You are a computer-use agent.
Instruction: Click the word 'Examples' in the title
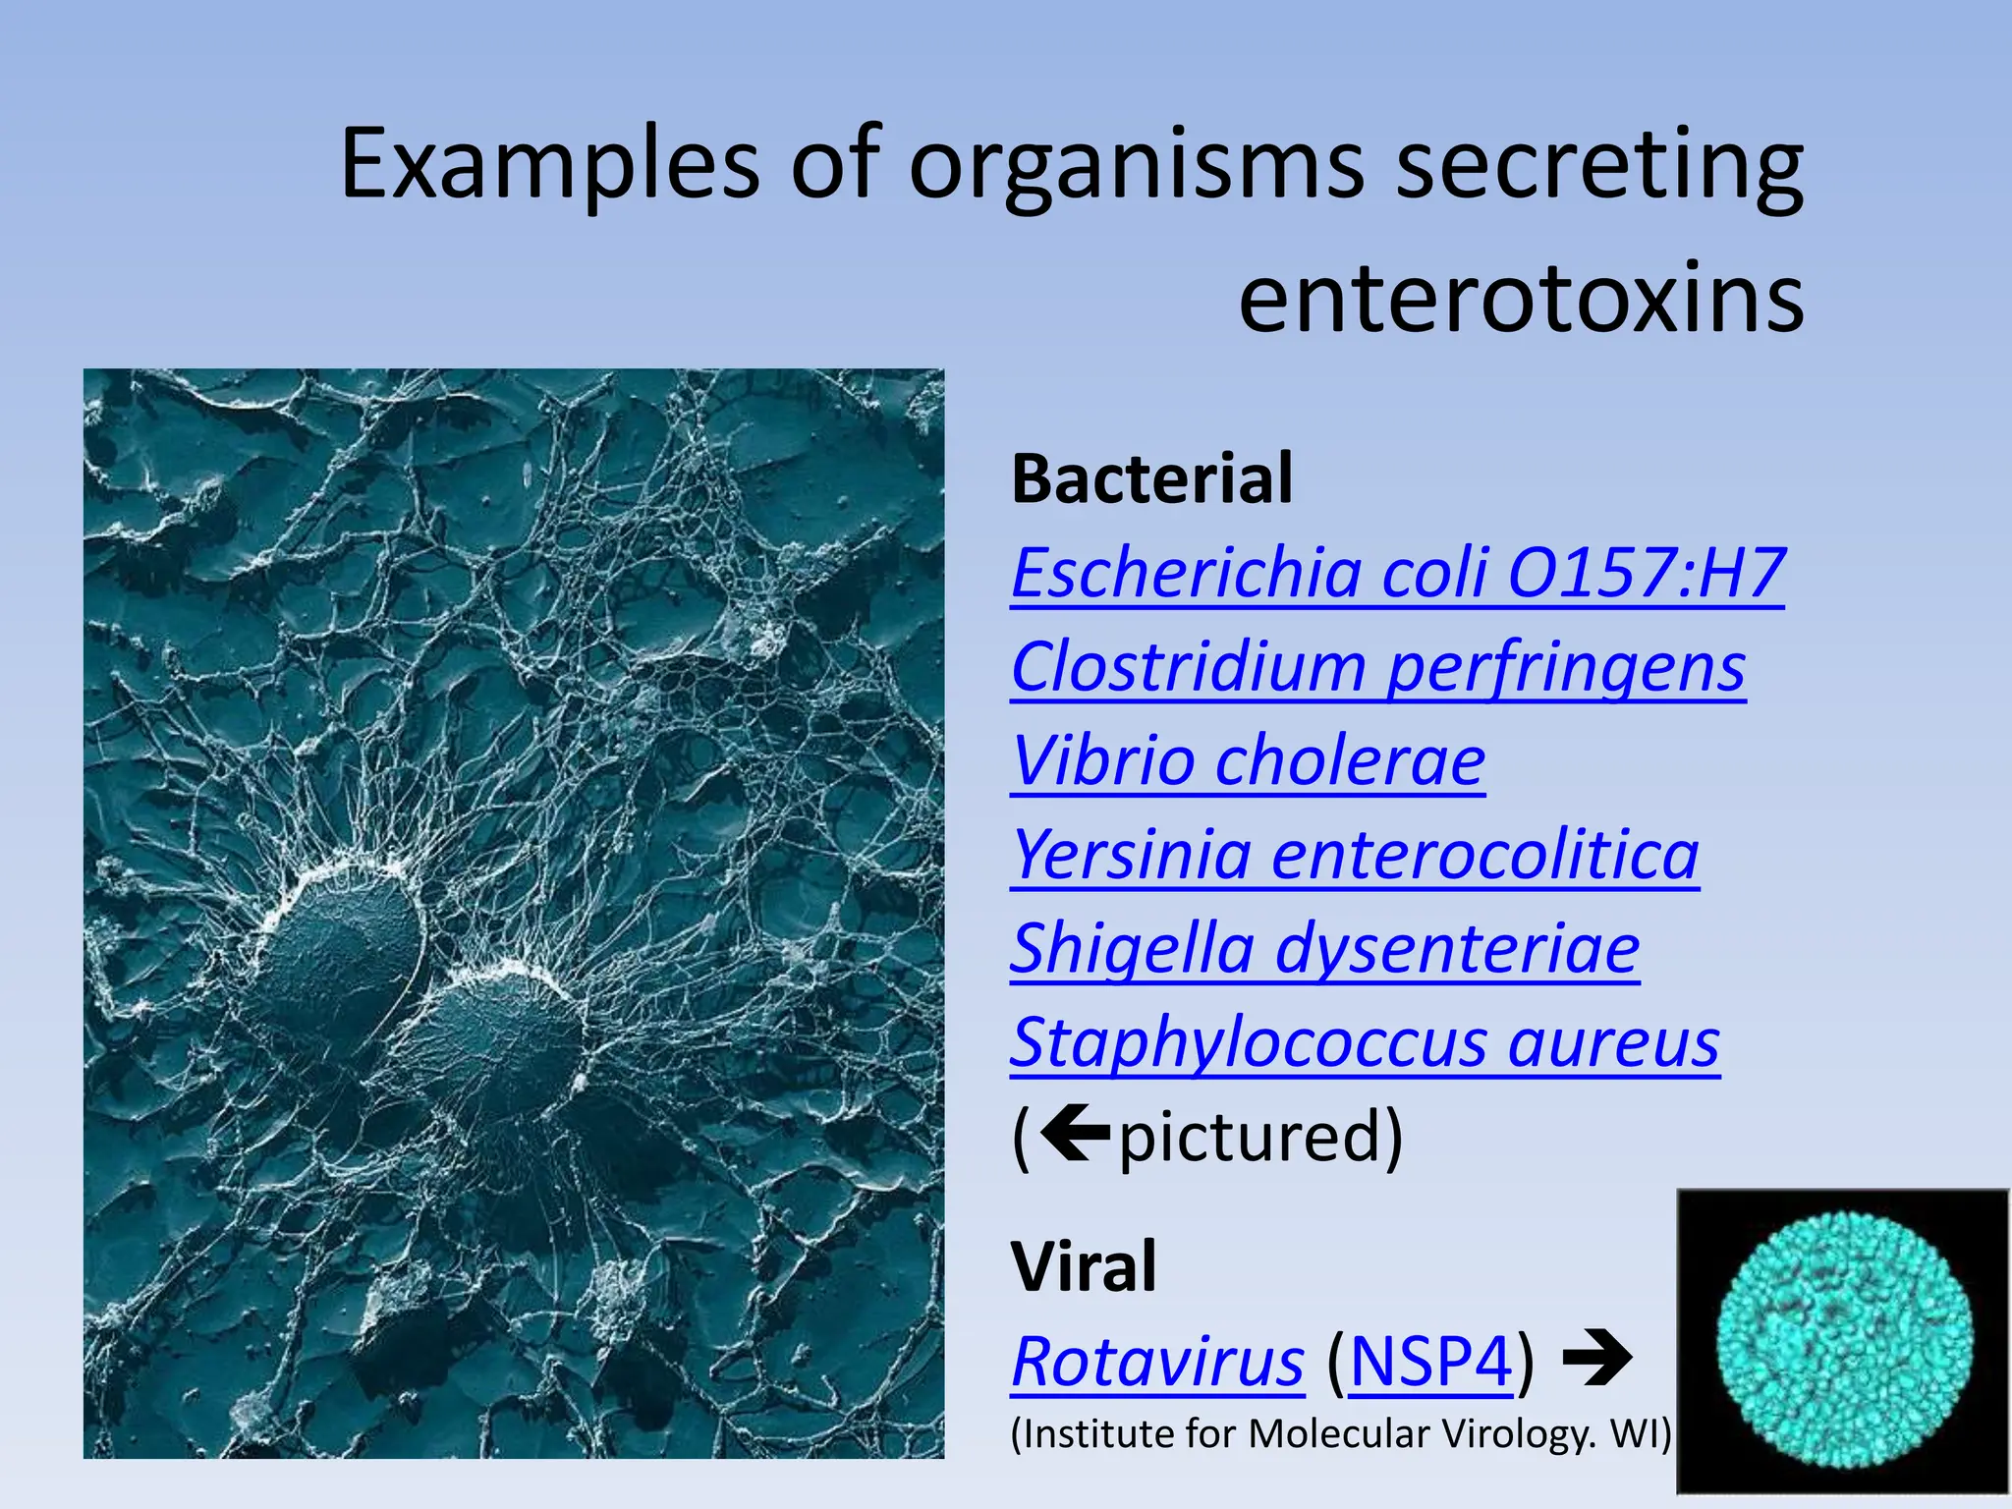(x=549, y=164)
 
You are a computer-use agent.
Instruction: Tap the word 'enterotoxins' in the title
(x=1521, y=299)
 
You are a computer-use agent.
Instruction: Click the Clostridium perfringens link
(x=1377, y=667)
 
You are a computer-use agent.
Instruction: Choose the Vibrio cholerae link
(x=1248, y=761)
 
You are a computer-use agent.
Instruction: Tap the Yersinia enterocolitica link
(x=1355, y=855)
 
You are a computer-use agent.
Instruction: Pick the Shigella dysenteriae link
(x=1324, y=949)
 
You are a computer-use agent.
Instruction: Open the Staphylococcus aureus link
(x=1365, y=1042)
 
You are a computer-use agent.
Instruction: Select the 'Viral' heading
(x=1084, y=1266)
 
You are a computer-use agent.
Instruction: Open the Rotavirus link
(x=1157, y=1363)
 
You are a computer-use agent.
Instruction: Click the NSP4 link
(x=1430, y=1363)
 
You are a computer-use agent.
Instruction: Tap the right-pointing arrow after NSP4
(x=1597, y=1361)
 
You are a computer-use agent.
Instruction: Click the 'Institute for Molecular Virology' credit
(x=1340, y=1434)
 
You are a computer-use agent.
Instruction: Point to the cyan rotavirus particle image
(x=1843, y=1341)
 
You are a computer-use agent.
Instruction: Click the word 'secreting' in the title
(x=1598, y=164)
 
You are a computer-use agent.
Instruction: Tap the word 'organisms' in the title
(x=1136, y=164)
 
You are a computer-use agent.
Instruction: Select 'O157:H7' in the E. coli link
(x=1646, y=573)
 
